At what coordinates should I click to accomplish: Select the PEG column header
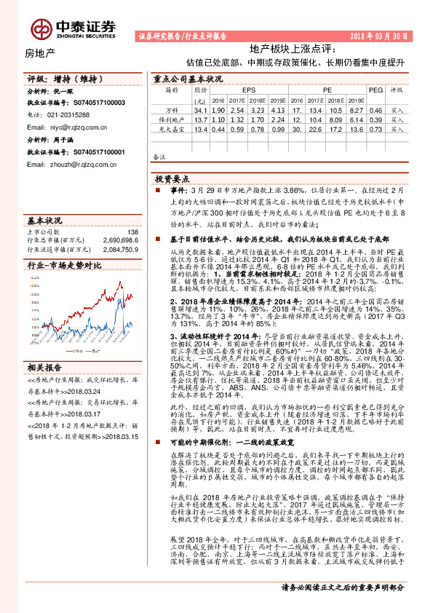click(x=375, y=90)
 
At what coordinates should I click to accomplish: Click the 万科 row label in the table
click(x=172, y=109)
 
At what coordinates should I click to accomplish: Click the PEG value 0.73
click(x=375, y=127)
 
